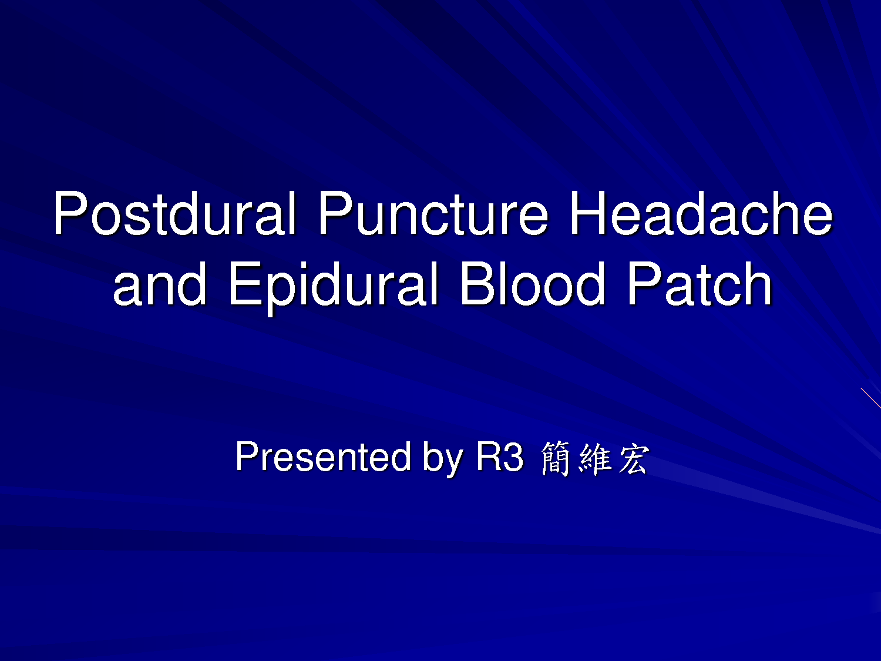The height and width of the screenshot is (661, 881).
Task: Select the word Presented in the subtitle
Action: (x=323, y=457)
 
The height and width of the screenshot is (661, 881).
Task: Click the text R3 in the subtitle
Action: (x=500, y=457)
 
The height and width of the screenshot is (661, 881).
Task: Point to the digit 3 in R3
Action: (x=513, y=457)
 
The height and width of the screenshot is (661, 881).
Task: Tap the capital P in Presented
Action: (x=247, y=457)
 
